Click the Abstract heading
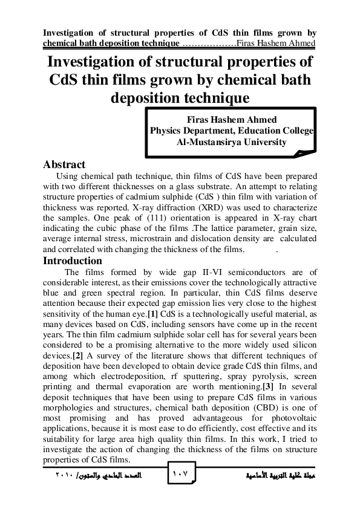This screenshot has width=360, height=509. (64, 164)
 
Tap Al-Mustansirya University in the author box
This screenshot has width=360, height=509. (232, 142)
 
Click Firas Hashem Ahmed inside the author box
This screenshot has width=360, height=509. (232, 119)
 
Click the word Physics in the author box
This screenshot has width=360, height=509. (165, 131)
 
